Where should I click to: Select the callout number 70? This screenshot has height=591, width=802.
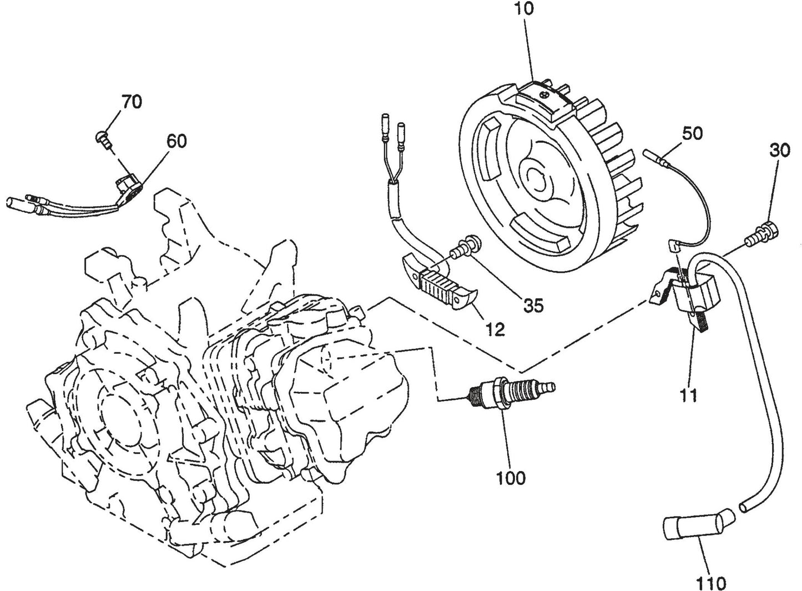(x=131, y=102)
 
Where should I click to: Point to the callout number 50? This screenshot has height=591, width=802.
(x=689, y=133)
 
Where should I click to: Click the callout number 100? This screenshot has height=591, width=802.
(x=511, y=477)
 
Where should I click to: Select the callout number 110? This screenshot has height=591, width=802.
(x=712, y=583)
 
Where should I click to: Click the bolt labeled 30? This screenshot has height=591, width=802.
(x=766, y=230)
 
